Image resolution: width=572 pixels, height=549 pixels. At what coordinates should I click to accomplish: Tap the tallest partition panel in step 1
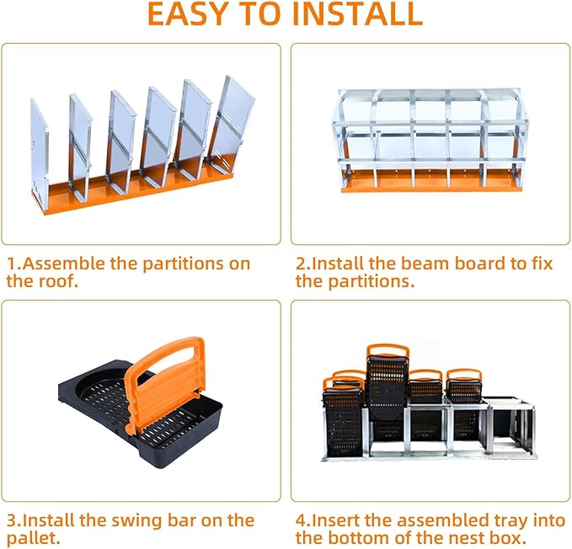234,125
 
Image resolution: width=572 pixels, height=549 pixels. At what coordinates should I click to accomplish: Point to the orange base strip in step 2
435,180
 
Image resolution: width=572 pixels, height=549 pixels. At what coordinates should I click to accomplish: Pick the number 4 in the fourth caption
302,520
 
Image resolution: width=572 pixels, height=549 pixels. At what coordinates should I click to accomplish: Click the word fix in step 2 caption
541,264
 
